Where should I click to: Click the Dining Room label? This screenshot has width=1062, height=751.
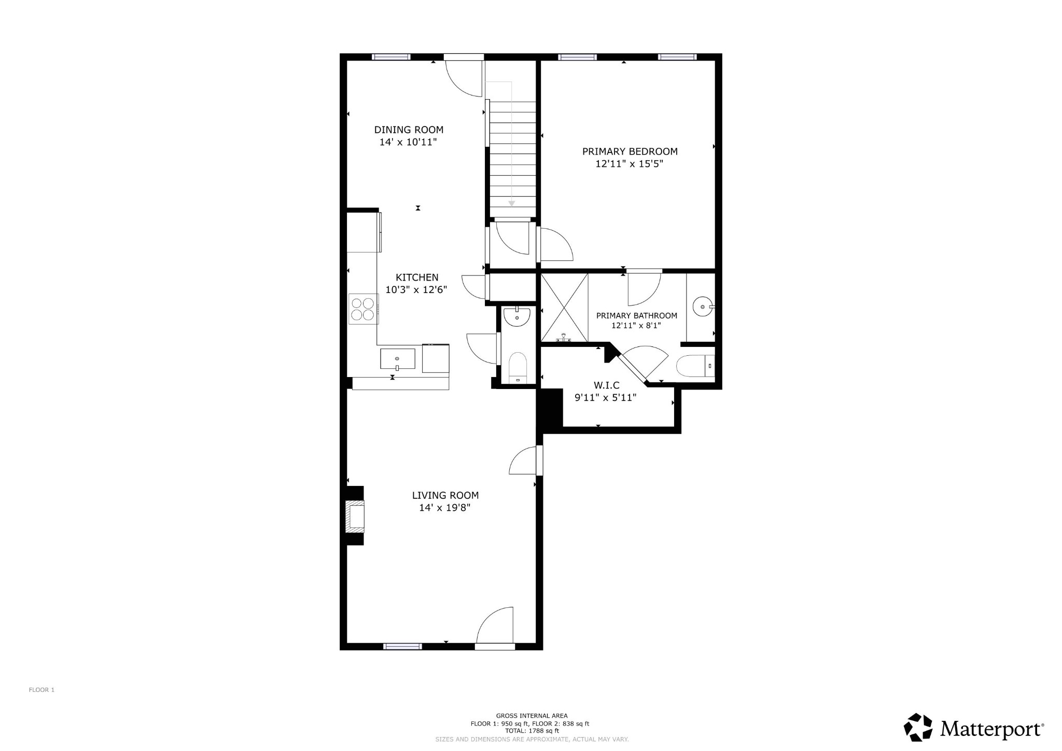click(x=409, y=130)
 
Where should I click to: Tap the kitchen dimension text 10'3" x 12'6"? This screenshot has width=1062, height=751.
click(x=416, y=290)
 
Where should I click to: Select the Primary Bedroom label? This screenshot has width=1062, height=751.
click(x=630, y=151)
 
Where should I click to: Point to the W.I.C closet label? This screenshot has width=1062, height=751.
click(x=606, y=385)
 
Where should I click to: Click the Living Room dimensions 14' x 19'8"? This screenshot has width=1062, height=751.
click(x=444, y=508)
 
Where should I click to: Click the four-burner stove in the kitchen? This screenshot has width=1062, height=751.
click(x=363, y=309)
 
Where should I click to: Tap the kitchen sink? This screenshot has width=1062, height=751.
click(x=398, y=359)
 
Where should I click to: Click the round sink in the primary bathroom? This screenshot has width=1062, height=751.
click(x=703, y=307)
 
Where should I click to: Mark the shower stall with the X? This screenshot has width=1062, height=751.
click(x=564, y=308)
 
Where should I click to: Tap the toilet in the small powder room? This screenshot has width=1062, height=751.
click(x=518, y=367)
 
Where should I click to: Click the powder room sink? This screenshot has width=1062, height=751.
click(x=517, y=316)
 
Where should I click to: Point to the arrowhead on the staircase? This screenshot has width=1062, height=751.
click(x=512, y=204)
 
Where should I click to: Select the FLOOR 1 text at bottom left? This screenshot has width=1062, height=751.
click(x=41, y=690)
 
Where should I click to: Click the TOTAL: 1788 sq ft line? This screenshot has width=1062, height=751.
click(x=529, y=731)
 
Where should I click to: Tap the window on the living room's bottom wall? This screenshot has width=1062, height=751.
click(x=402, y=646)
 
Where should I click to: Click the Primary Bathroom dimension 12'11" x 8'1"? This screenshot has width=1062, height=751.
click(x=636, y=326)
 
